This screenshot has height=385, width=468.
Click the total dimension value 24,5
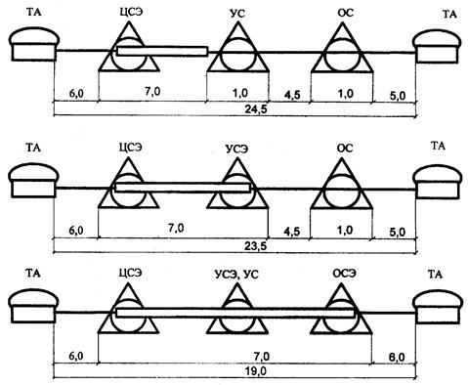point(256,109)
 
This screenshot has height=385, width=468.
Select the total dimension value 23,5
point(256,246)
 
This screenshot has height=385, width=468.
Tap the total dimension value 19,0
point(256,370)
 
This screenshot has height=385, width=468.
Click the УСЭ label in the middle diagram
point(237,149)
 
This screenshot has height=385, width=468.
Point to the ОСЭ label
point(345,273)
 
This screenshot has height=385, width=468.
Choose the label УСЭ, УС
point(236,275)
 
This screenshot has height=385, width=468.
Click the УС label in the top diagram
point(237,14)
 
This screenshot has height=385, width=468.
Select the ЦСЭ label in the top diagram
point(131,12)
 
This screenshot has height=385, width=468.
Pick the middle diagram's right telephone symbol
point(437,182)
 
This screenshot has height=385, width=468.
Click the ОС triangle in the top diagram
point(342,47)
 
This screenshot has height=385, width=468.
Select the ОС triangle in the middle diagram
point(341,183)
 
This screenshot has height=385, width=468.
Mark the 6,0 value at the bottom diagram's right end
point(397,357)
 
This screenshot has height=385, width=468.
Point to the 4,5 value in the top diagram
point(292,95)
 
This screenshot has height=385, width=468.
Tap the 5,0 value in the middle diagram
point(398,233)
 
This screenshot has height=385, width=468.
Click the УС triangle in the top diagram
point(238,47)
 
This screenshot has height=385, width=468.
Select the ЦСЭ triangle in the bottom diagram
point(129,308)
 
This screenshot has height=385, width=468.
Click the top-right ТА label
point(449,15)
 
